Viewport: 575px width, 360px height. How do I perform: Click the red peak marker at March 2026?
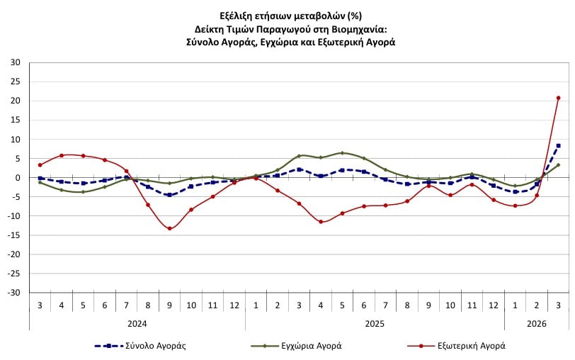coord(558,98)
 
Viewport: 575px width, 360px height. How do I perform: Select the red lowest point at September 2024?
coord(169,228)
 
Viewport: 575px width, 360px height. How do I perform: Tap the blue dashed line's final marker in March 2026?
coord(558,146)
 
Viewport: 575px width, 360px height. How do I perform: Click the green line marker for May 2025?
coord(342,153)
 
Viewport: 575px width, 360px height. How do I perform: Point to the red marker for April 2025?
coord(321,222)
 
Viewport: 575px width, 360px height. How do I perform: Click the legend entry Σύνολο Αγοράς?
coord(141,346)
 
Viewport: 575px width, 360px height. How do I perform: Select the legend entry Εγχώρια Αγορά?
coord(297,346)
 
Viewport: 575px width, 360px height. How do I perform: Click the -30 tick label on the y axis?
coord(14,293)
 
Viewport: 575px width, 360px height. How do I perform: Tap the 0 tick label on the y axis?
coord(18,178)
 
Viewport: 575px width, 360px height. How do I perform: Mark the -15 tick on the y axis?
coord(14,235)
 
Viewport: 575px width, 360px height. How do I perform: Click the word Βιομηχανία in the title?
coord(354,28)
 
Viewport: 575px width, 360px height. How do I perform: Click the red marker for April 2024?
coord(62,155)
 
